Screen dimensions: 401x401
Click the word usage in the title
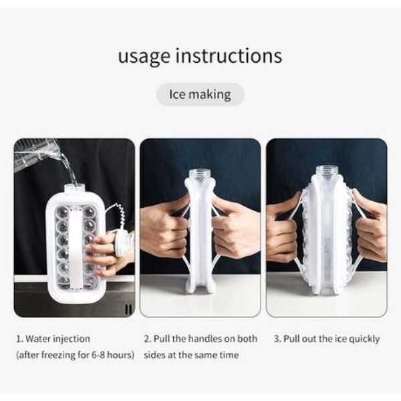pyautogui.click(x=144, y=57)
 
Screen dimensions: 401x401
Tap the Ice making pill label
pyautogui.click(x=200, y=94)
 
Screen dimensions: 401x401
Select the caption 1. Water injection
pyautogui.click(x=53, y=339)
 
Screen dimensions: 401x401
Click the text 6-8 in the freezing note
pyautogui.click(x=98, y=355)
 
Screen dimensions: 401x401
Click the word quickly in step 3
pyautogui.click(x=364, y=340)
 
